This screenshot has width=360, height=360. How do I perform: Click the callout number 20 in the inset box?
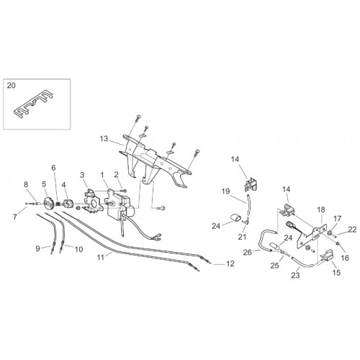click(11, 85)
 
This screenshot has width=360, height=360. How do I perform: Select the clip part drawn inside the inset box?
click(33, 104)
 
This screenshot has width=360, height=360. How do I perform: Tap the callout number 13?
click(104, 139)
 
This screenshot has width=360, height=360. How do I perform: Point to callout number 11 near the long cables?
click(101, 258)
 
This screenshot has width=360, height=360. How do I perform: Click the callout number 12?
click(230, 264)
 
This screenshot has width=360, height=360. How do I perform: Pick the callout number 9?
click(37, 248)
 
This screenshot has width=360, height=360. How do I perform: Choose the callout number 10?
click(78, 249)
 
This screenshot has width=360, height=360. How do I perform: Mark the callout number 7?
click(15, 217)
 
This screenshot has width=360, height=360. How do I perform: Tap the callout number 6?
click(53, 168)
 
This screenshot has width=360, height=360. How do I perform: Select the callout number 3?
click(82, 175)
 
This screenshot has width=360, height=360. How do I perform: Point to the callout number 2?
click(117, 175)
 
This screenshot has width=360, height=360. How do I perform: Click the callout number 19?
click(225, 192)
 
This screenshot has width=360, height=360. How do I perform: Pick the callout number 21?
click(242, 237)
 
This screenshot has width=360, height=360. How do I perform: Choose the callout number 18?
click(321, 210)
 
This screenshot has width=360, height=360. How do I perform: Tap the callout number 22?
click(352, 230)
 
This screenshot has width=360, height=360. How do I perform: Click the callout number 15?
click(336, 273)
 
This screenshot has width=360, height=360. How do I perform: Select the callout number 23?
click(295, 275)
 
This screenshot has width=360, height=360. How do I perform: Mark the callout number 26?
click(248, 252)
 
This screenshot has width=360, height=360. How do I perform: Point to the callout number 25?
click(275, 265)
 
